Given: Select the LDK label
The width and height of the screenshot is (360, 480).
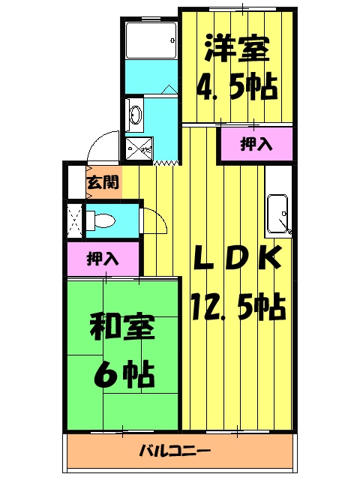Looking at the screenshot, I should point(236,259).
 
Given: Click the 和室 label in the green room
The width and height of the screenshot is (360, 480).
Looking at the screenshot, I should point(121,328).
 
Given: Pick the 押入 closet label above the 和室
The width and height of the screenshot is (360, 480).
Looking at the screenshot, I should point(103,259).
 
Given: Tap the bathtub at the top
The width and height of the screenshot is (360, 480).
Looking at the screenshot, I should point(150,40).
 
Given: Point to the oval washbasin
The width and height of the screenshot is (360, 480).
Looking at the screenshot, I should point(136,115).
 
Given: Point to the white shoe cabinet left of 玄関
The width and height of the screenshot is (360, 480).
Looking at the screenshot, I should point(74,182).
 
